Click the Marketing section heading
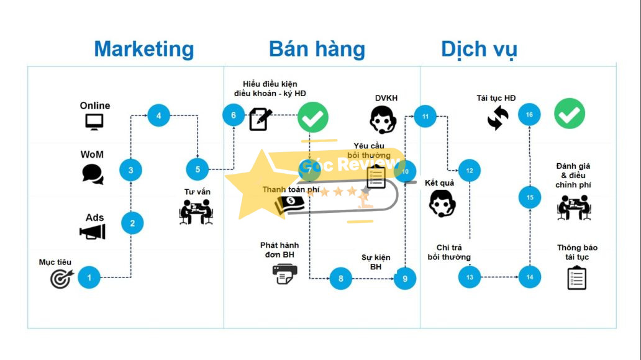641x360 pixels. (x=143, y=49)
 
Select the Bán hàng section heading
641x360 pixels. (x=317, y=49)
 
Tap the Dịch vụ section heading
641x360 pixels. (x=479, y=49)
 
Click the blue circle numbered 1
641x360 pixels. (x=89, y=277)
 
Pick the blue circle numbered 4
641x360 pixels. (x=158, y=115)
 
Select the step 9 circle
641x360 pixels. (x=405, y=279)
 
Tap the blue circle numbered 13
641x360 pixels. (x=470, y=277)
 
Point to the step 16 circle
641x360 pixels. (x=529, y=115)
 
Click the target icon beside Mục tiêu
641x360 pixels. (x=61, y=278)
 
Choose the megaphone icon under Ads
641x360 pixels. (x=93, y=232)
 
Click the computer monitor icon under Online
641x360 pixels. (x=94, y=121)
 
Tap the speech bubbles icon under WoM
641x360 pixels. (x=93, y=174)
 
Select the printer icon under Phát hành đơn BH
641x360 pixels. (x=285, y=274)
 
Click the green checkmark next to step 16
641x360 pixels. (x=570, y=114)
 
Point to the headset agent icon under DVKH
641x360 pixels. (x=383, y=119)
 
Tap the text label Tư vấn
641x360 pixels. (x=197, y=192)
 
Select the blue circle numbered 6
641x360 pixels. (x=234, y=115)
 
